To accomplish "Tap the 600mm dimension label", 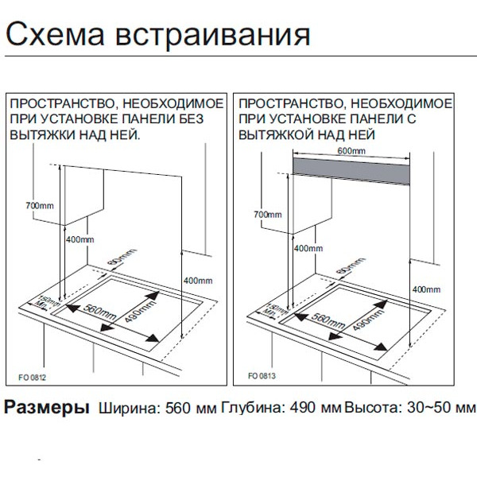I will (x=351, y=149).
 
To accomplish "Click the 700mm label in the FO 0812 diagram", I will (x=38, y=206).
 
